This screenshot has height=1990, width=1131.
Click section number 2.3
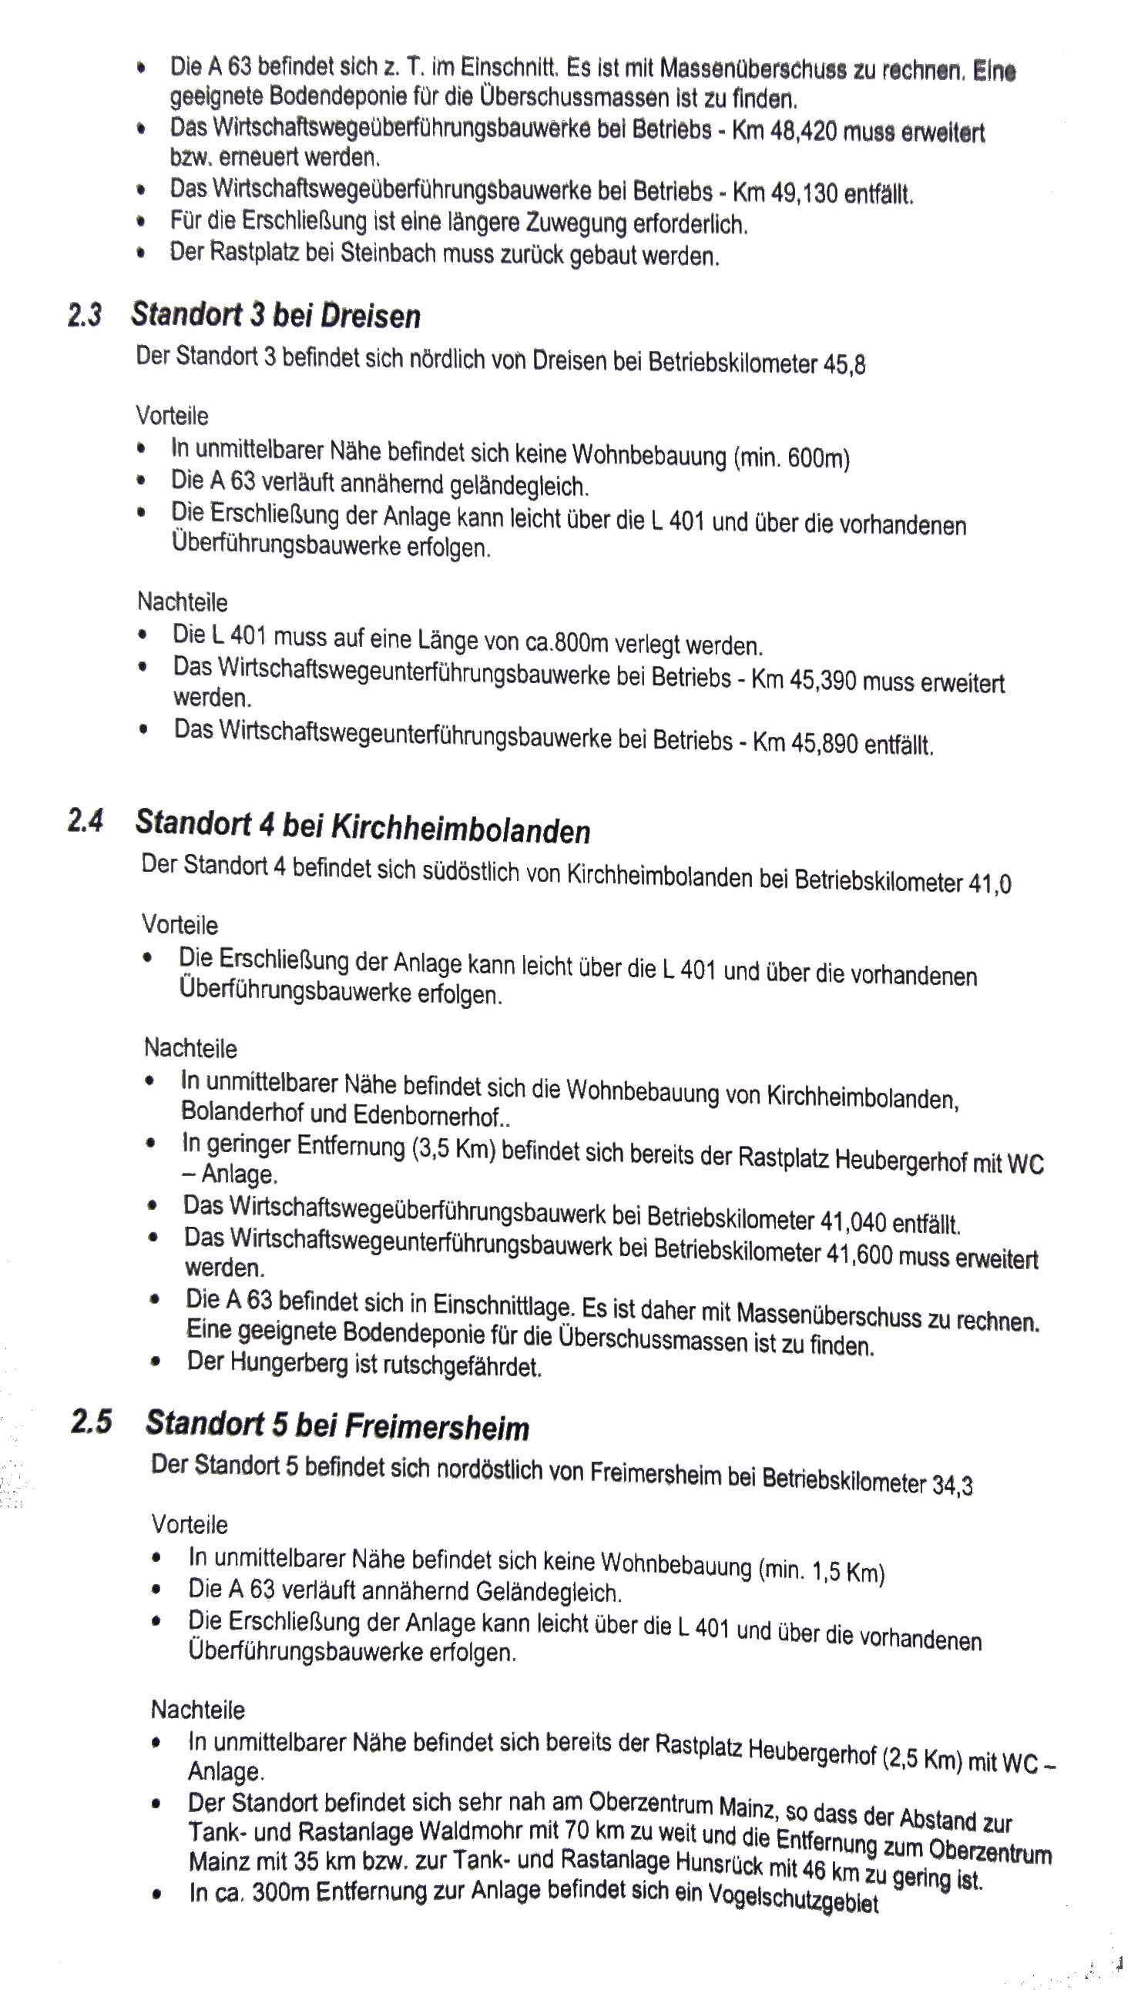84,315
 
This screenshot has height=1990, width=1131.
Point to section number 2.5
91,1422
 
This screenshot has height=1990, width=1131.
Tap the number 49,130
804,193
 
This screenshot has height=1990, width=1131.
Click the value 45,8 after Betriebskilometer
844,364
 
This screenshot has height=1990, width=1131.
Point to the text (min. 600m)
790,458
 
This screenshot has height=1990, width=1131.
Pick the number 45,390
824,681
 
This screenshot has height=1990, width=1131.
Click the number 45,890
824,743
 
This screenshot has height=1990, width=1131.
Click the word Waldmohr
472,1833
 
